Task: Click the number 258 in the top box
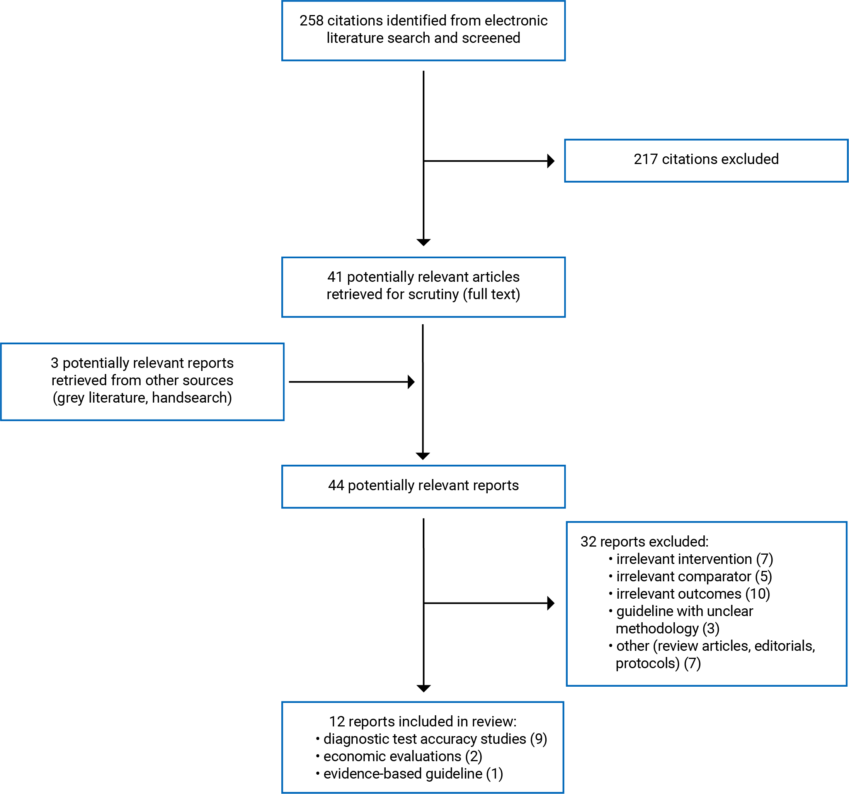click(x=311, y=20)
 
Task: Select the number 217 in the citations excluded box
click(x=645, y=159)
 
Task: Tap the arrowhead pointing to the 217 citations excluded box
click(x=551, y=161)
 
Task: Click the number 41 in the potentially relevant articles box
click(x=335, y=277)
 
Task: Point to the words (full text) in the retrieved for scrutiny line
click(x=492, y=295)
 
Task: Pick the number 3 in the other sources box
click(x=54, y=363)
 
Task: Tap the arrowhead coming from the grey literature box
click(x=411, y=382)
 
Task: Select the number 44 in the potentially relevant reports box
click(x=336, y=486)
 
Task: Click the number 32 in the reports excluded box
click(x=588, y=542)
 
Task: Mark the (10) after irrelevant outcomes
click(x=758, y=594)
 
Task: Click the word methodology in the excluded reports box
click(x=657, y=629)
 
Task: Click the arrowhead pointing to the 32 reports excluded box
click(x=551, y=603)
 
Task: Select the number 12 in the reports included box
click(x=337, y=721)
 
